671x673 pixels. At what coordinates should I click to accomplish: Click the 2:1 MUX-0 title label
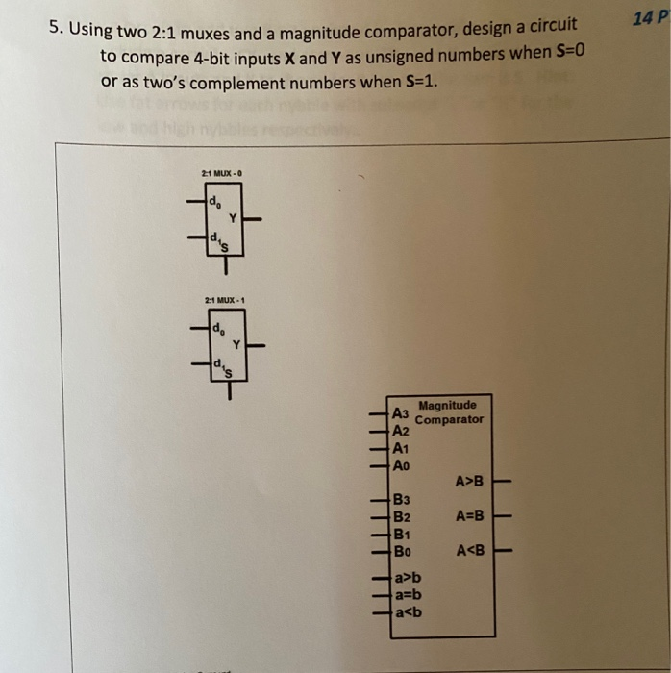click(222, 173)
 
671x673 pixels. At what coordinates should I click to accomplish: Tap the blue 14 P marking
click(650, 16)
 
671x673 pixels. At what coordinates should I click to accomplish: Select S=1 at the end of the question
click(416, 81)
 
